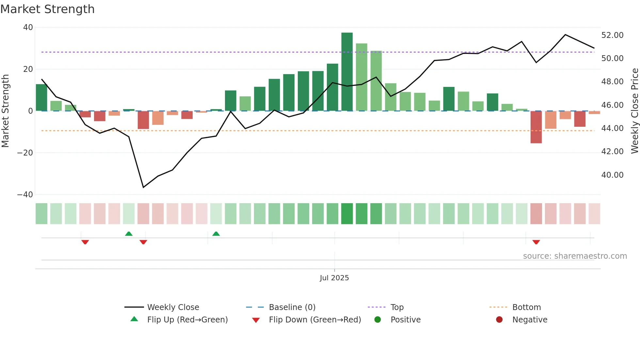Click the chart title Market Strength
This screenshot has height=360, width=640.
(x=47, y=9)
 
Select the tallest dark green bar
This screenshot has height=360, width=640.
(x=347, y=72)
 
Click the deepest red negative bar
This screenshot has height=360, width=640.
(x=536, y=127)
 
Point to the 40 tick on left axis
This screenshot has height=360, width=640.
(x=28, y=27)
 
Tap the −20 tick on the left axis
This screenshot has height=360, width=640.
(x=25, y=153)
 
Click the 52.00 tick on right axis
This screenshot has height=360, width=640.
(x=612, y=35)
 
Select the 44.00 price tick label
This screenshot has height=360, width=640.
(x=612, y=128)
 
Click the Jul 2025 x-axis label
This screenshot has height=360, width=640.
(x=334, y=278)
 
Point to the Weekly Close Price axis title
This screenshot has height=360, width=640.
(x=634, y=111)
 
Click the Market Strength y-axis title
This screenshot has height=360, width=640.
(x=5, y=111)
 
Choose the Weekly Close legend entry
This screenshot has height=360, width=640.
(x=173, y=307)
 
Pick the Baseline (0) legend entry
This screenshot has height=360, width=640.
(x=292, y=307)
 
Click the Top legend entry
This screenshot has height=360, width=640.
(x=397, y=307)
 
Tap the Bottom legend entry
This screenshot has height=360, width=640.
(x=526, y=307)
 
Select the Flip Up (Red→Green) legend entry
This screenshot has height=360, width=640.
(x=187, y=320)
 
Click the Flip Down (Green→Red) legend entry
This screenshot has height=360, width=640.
(x=315, y=320)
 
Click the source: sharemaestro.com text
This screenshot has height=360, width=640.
(x=575, y=256)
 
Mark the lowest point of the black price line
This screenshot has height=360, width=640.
(x=143, y=187)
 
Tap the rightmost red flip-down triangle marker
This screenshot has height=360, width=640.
(x=536, y=242)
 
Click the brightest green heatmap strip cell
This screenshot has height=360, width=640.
(x=347, y=214)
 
